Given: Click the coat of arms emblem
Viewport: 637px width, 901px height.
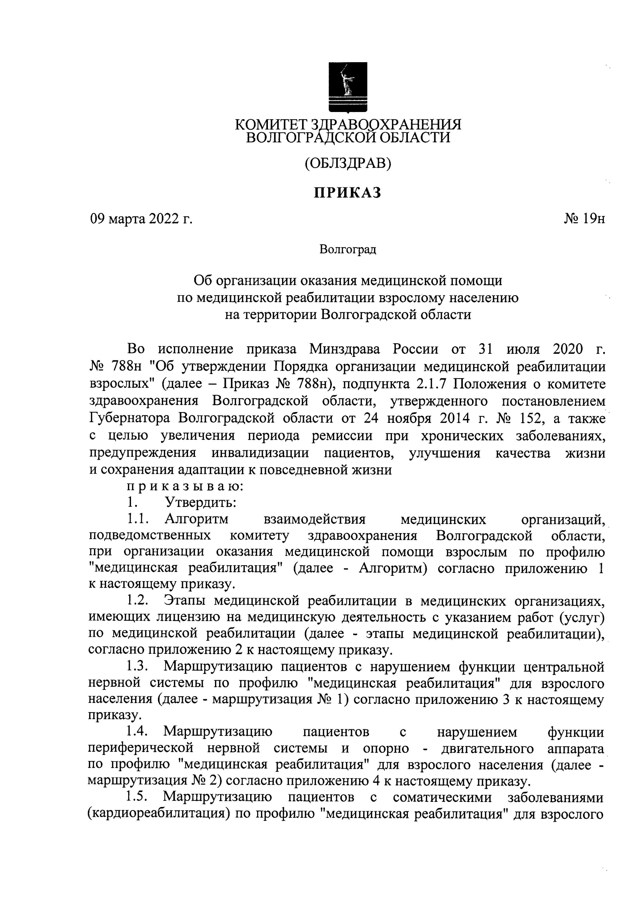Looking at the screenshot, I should (347, 87).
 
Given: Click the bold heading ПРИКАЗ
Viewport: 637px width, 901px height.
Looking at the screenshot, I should (347, 193).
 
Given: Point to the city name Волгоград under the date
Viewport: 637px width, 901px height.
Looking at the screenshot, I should (348, 249).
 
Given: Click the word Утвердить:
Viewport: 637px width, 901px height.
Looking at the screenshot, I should (200, 502).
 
